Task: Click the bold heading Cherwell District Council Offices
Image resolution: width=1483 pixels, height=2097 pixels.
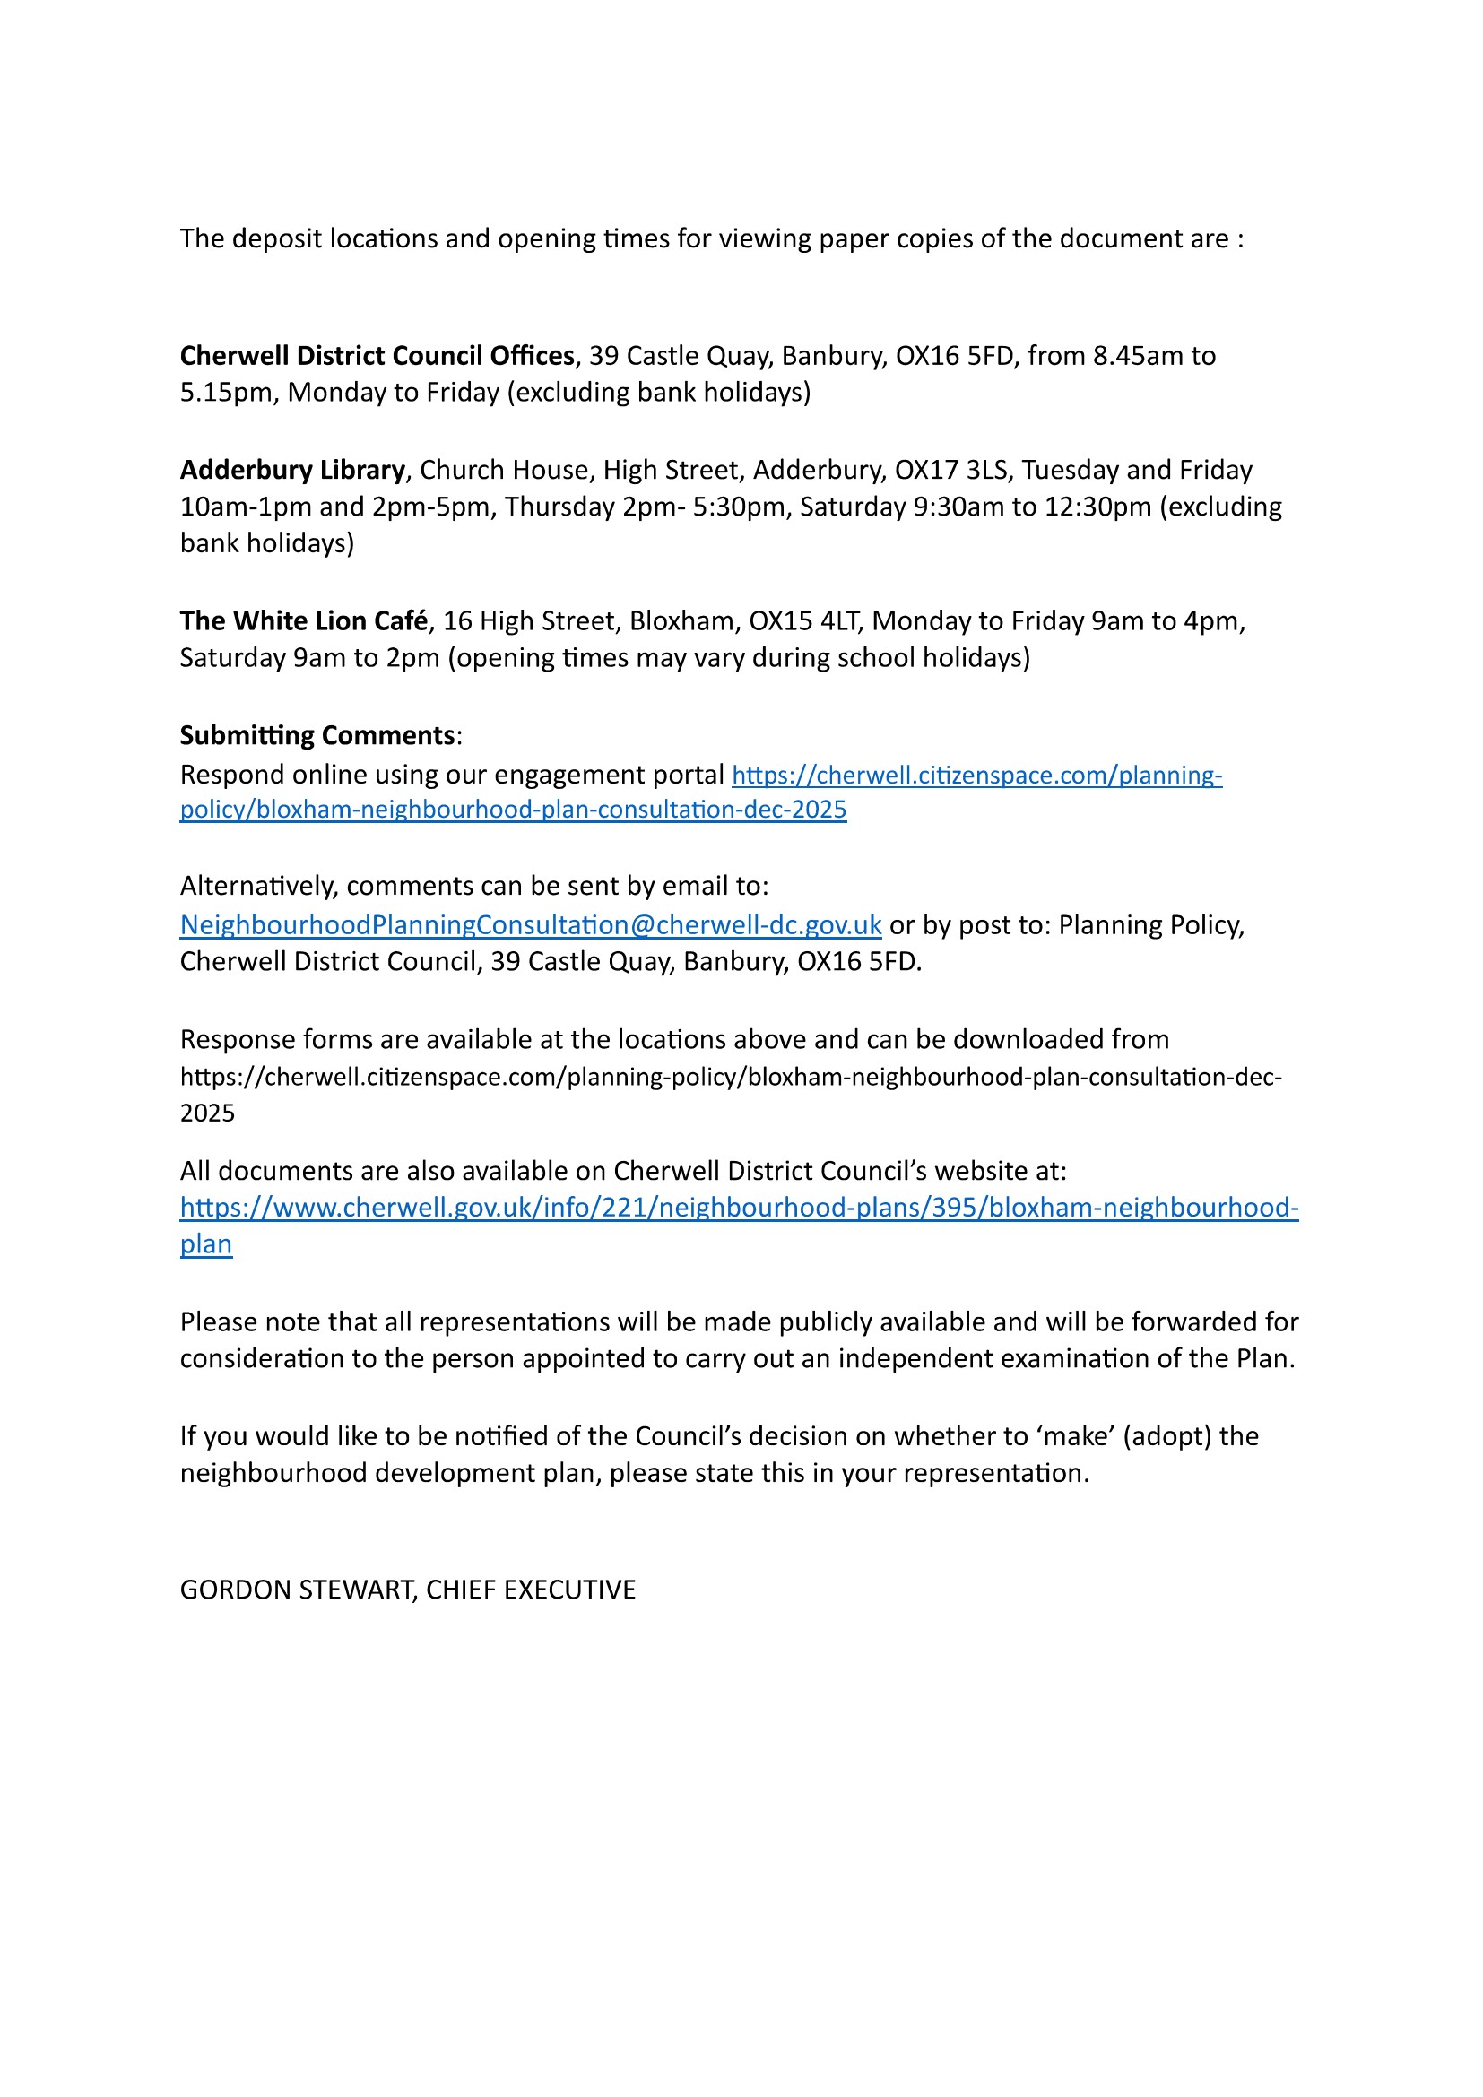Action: tap(377, 355)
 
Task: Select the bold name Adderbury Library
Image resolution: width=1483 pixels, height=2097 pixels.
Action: tap(292, 470)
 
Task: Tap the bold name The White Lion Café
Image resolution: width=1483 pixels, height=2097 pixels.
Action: tap(303, 621)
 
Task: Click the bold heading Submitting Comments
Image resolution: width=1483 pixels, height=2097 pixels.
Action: tap(317, 735)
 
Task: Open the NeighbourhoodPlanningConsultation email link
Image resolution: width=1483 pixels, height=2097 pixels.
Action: tap(531, 925)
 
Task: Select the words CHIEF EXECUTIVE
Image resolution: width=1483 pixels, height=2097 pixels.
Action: tap(531, 1590)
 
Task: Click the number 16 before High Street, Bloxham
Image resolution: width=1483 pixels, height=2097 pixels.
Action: tap(457, 621)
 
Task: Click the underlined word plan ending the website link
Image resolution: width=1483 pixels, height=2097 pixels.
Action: tap(205, 1245)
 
